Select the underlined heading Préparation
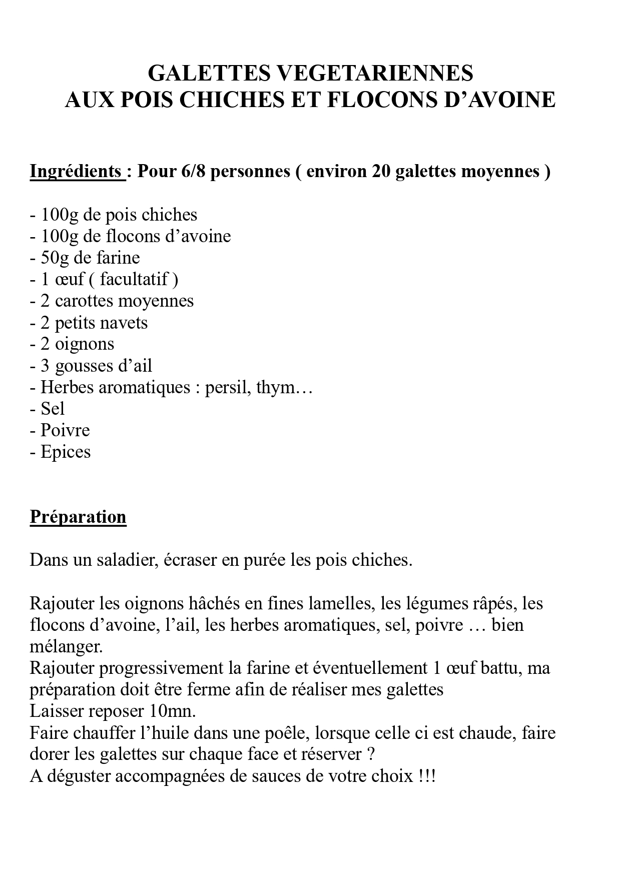(78, 516)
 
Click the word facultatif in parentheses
(134, 279)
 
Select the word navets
(125, 323)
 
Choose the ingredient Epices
(66, 452)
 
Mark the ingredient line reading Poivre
(65, 430)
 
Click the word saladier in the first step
(122, 559)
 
